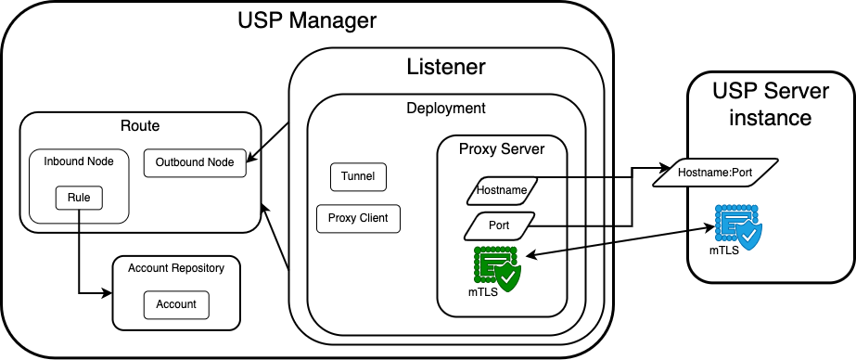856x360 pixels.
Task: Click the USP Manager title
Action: coord(306,21)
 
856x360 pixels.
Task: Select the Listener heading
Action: coord(446,67)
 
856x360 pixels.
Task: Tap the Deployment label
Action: coord(445,108)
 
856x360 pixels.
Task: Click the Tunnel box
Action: coord(358,176)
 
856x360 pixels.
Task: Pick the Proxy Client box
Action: coord(358,218)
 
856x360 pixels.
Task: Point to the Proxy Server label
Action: coord(502,148)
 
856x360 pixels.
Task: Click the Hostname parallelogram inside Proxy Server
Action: coord(501,190)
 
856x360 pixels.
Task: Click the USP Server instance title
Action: coord(770,104)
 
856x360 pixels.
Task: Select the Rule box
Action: coord(78,198)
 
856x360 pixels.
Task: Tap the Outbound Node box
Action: coord(195,162)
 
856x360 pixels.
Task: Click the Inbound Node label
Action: coord(79,161)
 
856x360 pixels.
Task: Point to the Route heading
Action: coord(139,125)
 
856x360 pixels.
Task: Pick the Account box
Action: coord(176,303)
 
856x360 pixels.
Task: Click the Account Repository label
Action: coord(175,267)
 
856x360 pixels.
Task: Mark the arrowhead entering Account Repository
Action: coord(107,294)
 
